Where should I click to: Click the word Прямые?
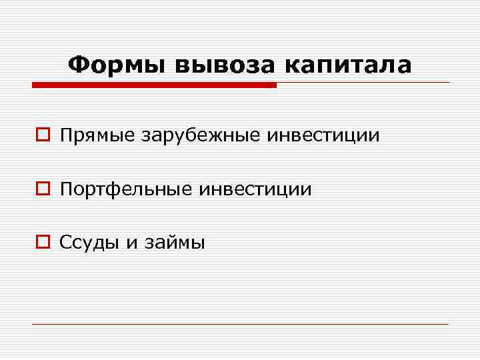(97, 136)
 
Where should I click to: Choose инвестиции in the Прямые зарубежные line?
(323, 136)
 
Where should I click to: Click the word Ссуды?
(89, 243)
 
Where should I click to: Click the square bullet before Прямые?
(43, 137)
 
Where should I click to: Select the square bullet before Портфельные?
(43, 190)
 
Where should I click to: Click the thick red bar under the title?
(154, 85)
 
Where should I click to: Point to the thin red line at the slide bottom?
(240, 325)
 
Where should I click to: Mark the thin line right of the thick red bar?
(363, 83)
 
